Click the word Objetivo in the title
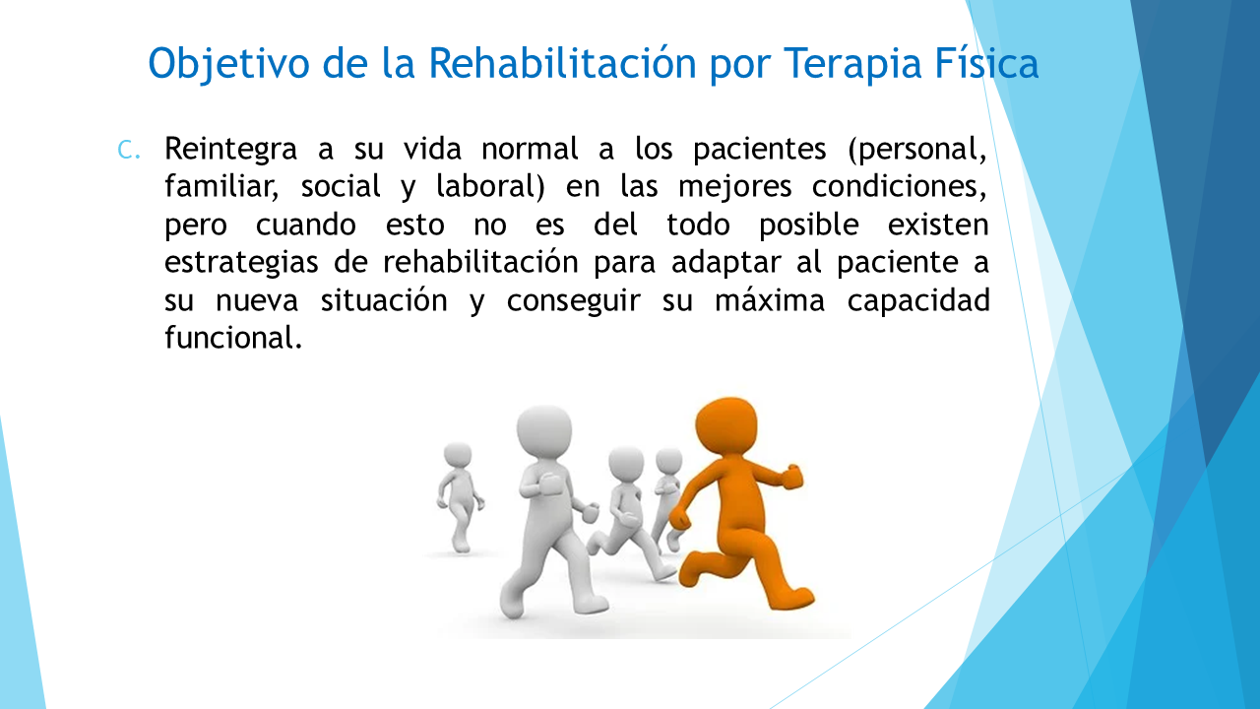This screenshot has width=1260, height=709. (x=228, y=64)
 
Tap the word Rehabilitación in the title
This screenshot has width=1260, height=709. (x=562, y=62)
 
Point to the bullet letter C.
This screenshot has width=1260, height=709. (x=128, y=151)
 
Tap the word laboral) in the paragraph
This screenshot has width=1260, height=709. (x=490, y=187)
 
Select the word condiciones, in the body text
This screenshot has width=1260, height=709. (x=899, y=187)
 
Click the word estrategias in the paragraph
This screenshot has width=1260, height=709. (x=241, y=263)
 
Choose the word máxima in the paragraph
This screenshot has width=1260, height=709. (x=769, y=300)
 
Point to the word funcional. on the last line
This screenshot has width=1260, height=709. (x=233, y=338)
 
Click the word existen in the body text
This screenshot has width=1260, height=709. (x=938, y=226)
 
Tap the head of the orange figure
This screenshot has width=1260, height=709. (x=726, y=427)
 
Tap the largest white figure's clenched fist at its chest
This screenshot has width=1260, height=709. (x=549, y=483)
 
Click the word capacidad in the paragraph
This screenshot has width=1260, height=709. (x=918, y=301)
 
